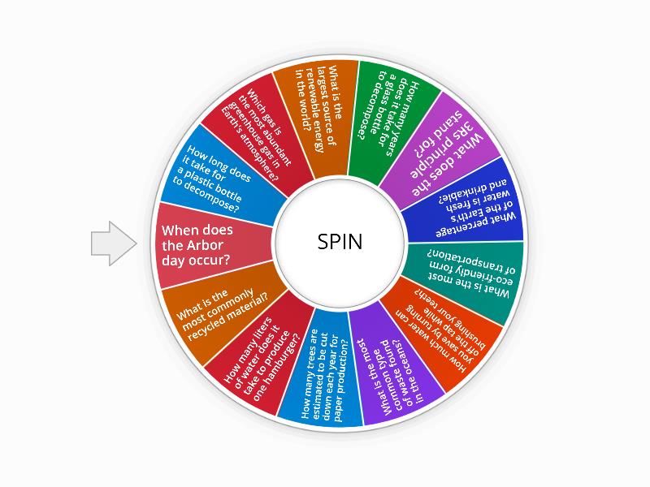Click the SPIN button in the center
(340, 243)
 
